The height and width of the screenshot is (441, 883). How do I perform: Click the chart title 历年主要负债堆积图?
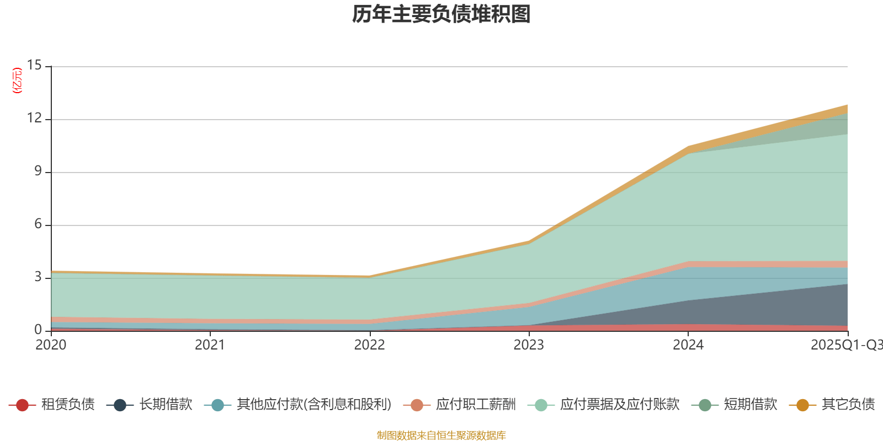click(441, 14)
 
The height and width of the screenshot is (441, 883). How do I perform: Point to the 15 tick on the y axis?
click(34, 66)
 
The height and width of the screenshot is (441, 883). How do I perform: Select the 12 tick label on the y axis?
click(34, 119)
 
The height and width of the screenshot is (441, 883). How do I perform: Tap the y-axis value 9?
click(38, 171)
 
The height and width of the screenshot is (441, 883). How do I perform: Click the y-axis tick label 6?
click(38, 224)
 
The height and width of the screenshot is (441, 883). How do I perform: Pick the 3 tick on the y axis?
click(38, 277)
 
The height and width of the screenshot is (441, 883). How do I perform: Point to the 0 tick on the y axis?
click(38, 330)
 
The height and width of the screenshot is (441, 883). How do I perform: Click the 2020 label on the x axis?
click(51, 345)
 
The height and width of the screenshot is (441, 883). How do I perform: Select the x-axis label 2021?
click(210, 345)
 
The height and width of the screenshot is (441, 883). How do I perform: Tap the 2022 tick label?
click(369, 345)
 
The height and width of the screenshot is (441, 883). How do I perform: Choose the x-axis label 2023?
click(529, 345)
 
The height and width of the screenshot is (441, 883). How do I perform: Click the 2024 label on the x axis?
click(688, 345)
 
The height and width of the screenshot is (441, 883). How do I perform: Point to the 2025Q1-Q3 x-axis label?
click(846, 345)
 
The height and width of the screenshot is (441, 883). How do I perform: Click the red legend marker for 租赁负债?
click(22, 405)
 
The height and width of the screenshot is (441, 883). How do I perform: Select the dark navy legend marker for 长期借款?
click(120, 405)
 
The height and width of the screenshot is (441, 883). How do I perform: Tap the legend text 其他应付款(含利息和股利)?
click(314, 405)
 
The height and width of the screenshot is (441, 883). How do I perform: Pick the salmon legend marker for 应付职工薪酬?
click(417, 405)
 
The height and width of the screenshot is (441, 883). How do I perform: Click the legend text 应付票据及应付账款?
click(619, 405)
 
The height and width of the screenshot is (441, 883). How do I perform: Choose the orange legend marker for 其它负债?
click(802, 405)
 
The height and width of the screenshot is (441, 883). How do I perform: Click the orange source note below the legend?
click(441, 435)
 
